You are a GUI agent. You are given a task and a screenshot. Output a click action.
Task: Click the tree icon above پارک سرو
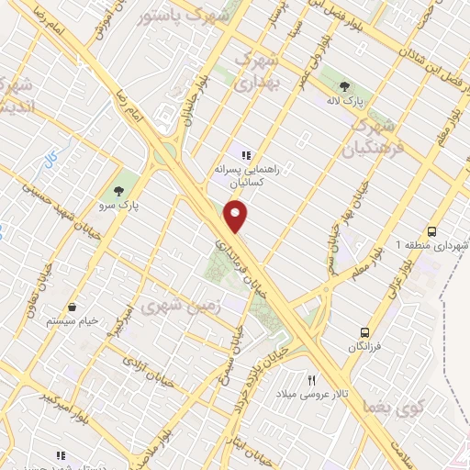click(117, 191)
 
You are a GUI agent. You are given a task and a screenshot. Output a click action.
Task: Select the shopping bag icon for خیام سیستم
click(72, 308)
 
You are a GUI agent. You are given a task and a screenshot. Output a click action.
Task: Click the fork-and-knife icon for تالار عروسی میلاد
click(311, 379)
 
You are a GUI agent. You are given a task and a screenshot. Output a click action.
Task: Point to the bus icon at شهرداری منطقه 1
click(431, 231)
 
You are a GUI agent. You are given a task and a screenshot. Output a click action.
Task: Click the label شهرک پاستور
click(193, 17)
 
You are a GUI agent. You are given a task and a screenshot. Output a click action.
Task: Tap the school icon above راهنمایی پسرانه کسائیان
click(245, 153)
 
